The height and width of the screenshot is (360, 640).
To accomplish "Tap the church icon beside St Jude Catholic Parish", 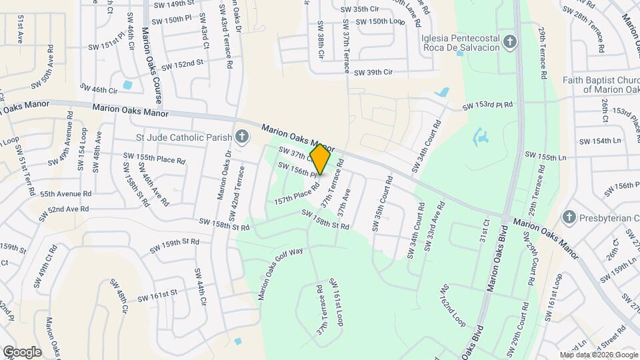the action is [x=241, y=137].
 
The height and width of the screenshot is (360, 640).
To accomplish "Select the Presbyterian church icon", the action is [x=569, y=217].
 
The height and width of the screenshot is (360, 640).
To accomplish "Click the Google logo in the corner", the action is [x=21, y=352].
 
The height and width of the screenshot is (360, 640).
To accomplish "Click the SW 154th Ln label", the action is [x=600, y=141].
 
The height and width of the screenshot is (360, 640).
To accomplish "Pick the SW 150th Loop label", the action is [x=381, y=21].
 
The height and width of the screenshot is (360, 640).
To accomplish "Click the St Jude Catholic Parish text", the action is [x=183, y=137].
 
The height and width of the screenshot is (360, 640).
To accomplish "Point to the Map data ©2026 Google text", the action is [x=598, y=355].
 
